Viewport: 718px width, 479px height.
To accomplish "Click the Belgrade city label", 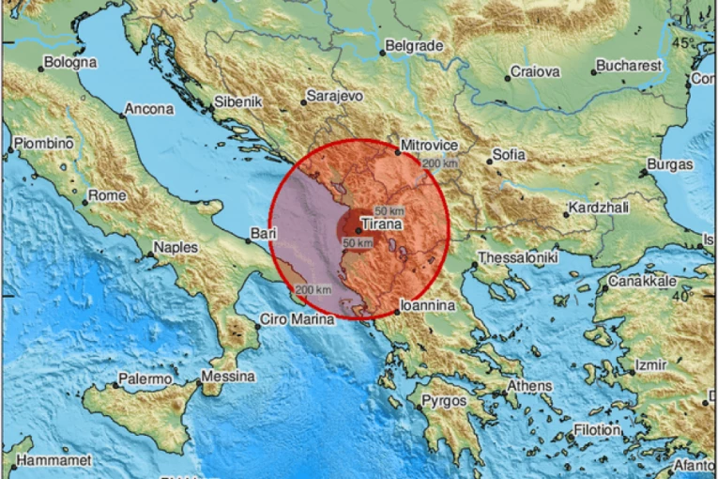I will point(412,45).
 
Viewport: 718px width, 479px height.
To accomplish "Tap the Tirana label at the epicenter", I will point(382,225).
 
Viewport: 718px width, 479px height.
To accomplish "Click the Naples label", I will point(176,247).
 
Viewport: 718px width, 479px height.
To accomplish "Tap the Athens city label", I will point(529,386).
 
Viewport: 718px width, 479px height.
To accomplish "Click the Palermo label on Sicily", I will point(145,379).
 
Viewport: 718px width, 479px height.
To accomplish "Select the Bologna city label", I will point(69,62).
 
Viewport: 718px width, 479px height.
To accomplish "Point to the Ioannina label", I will point(427,305).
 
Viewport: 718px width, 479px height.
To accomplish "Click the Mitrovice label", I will point(430,146).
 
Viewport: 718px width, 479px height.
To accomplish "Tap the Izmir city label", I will point(650,364).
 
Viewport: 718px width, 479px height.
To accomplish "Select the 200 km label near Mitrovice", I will point(441,164).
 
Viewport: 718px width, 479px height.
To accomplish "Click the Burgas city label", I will point(669,165).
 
